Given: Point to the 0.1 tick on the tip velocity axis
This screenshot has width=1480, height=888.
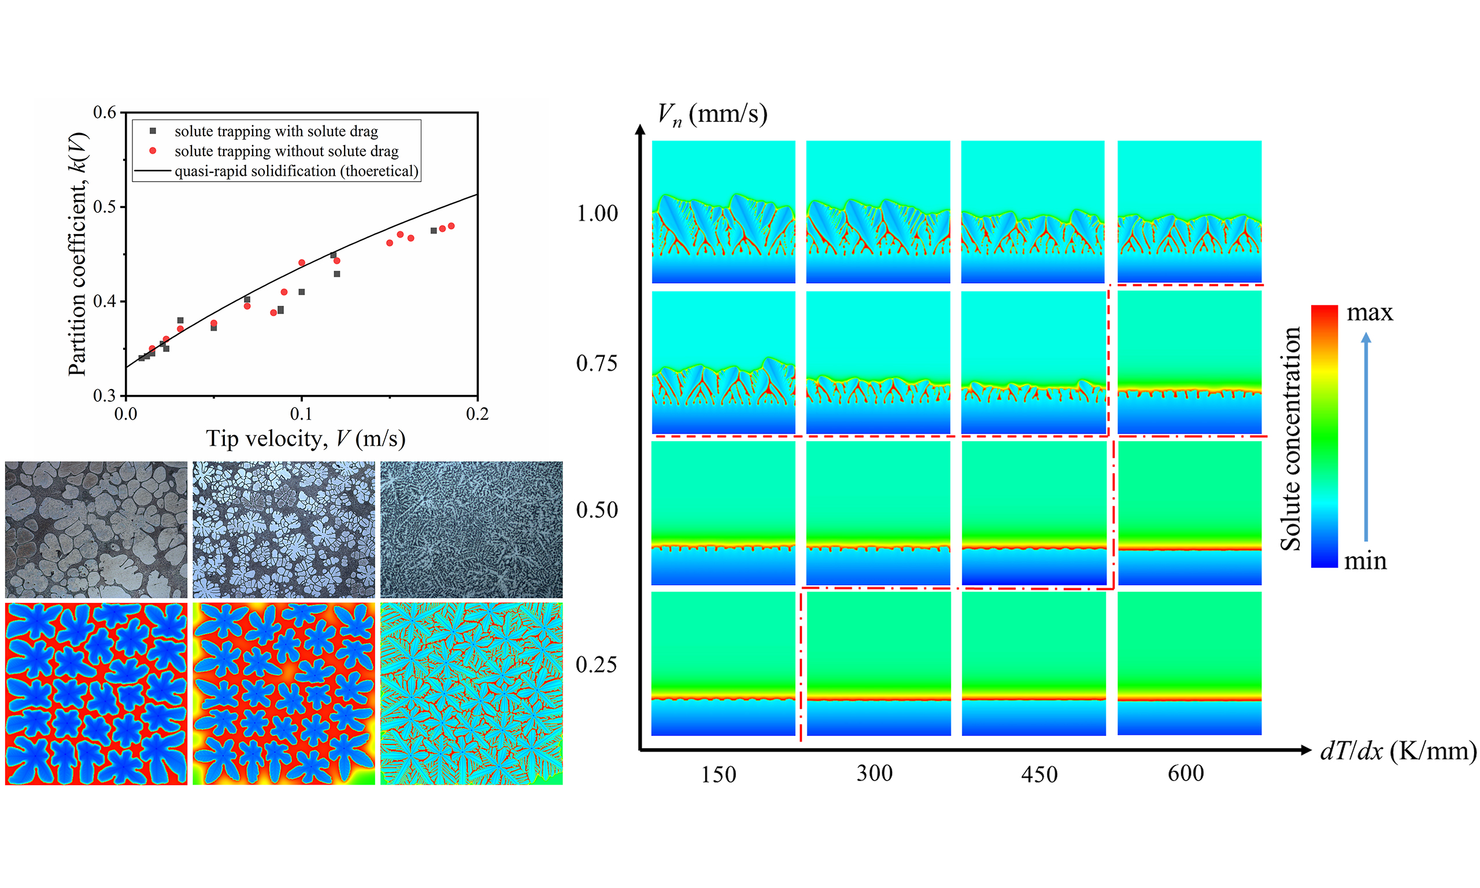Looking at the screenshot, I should point(302,413).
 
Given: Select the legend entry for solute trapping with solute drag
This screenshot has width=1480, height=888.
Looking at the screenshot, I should point(276,131).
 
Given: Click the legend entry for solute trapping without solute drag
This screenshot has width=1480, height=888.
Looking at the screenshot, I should point(286,151).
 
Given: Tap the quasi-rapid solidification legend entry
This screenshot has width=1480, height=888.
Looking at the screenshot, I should point(296,171).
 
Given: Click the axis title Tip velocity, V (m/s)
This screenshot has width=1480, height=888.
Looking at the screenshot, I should point(306,439).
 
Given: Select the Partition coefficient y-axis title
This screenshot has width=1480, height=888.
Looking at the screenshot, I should point(79,254).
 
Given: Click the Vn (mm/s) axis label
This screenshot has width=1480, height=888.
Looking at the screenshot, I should point(712,113).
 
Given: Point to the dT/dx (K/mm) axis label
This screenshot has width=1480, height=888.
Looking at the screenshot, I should point(1398,750).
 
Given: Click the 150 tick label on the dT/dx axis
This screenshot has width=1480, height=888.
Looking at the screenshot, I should point(718,774).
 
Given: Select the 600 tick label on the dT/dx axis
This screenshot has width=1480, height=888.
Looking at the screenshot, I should point(1186,773).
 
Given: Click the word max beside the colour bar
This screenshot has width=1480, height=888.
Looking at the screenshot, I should point(1370,312).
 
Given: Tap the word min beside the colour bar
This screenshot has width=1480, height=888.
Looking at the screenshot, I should point(1365,561).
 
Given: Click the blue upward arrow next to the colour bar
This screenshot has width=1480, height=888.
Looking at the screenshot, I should point(1366,437).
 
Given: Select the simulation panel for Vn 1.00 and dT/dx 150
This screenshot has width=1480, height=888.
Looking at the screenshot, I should point(723,212).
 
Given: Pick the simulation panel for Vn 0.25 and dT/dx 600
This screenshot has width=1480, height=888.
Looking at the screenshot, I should point(1189,663).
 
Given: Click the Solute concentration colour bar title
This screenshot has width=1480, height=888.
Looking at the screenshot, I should point(1290,438).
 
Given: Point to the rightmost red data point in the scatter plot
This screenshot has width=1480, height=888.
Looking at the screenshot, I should point(451,226).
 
